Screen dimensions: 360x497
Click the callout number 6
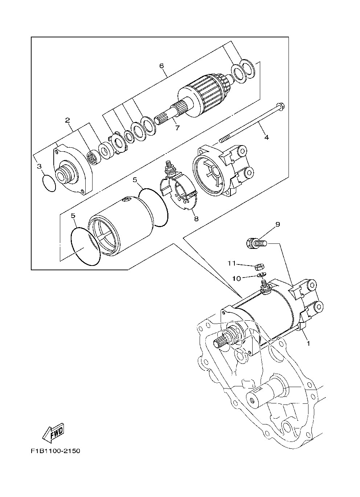point(161,66)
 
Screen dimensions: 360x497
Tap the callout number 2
point(67,120)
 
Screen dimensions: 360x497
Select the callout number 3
point(39,166)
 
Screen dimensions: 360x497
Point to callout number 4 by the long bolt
point(267,137)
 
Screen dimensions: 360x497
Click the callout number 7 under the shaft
point(177,128)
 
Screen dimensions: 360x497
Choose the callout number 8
point(196,218)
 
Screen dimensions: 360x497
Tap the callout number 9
point(278,224)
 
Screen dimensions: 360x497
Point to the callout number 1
point(308,343)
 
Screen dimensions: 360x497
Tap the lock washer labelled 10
point(261,275)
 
